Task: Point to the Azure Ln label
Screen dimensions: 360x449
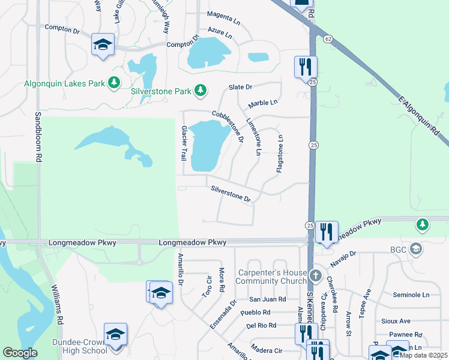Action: click(220, 29)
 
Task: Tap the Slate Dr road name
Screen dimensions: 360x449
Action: click(240, 88)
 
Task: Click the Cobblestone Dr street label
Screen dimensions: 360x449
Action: click(228, 127)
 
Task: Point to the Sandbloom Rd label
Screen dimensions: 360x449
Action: click(38, 137)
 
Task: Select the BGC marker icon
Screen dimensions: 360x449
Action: click(414, 250)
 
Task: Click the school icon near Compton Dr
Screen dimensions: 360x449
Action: click(103, 45)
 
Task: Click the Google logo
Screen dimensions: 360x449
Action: click(20, 353)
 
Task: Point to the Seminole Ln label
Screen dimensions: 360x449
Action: click(411, 295)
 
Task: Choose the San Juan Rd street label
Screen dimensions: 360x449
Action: click(268, 299)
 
